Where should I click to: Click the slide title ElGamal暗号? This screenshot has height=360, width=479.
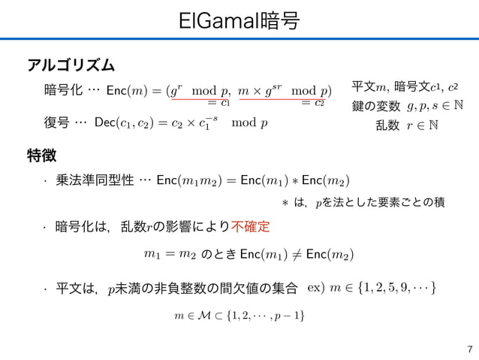coord(239,22)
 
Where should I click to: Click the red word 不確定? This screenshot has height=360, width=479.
coord(252,226)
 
